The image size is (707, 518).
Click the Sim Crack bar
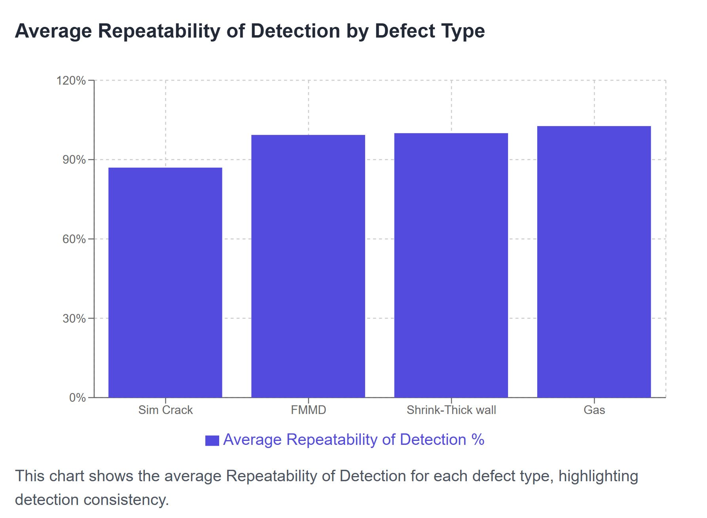(x=165, y=282)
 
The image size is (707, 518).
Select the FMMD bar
(x=308, y=266)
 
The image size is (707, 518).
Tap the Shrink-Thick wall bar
(x=451, y=265)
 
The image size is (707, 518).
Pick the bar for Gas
(x=594, y=261)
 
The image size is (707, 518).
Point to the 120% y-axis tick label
(x=71, y=81)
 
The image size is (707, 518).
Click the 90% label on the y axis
(x=74, y=160)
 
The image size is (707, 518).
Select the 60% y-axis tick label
(x=74, y=239)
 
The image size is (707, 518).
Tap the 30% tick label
(x=74, y=318)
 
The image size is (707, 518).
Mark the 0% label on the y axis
(x=77, y=398)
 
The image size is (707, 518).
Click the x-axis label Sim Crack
(x=165, y=410)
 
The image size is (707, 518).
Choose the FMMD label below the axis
(x=308, y=410)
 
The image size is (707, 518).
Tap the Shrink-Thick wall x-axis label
(x=451, y=410)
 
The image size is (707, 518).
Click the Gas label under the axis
(x=594, y=410)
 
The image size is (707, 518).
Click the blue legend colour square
(x=212, y=440)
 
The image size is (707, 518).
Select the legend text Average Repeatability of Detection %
(x=353, y=440)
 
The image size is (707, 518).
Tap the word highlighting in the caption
(x=598, y=476)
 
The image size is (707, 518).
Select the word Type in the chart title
(x=462, y=31)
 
